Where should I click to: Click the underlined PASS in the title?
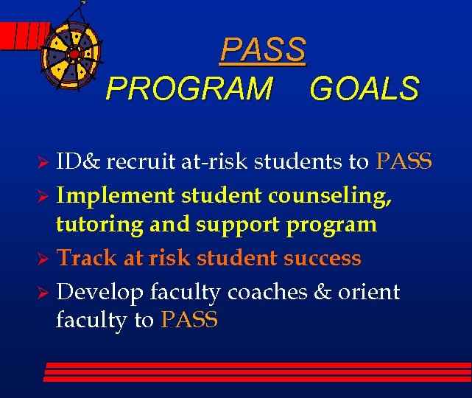[x=263, y=49]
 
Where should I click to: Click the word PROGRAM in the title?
[x=189, y=89]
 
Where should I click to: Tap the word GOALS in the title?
[x=364, y=89]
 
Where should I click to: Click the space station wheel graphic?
[x=74, y=52]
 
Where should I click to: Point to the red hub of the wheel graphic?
[x=74, y=53]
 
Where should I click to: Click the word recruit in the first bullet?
[x=142, y=161]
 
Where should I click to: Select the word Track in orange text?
[x=80, y=258]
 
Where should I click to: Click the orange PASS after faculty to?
[x=189, y=320]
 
